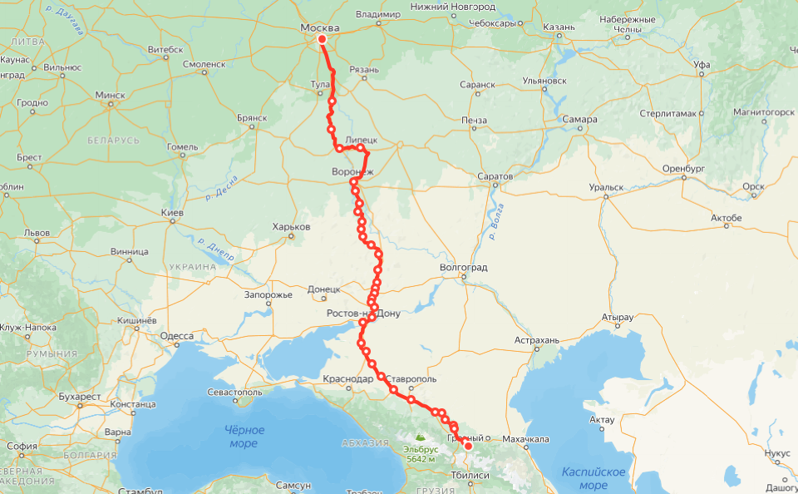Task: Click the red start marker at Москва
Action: (322, 39)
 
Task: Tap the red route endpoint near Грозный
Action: (468, 446)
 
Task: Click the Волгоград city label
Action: (463, 268)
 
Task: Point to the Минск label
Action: (110, 95)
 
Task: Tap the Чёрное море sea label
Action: (244, 437)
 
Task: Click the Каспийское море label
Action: (594, 478)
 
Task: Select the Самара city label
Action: (579, 119)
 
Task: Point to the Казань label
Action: (559, 27)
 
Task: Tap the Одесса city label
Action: (176, 336)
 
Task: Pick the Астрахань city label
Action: (539, 340)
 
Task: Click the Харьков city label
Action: (291, 227)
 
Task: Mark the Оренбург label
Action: (682, 168)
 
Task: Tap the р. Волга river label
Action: (497, 227)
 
